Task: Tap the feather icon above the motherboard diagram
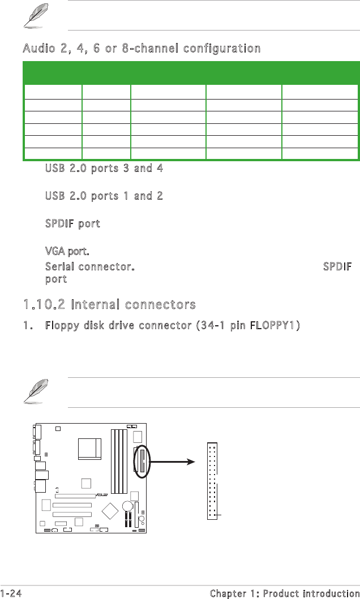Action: pyautogui.click(x=33, y=392)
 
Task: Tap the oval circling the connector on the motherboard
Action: pyautogui.click(x=142, y=460)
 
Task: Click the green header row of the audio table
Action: pyautogui.click(x=190, y=73)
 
